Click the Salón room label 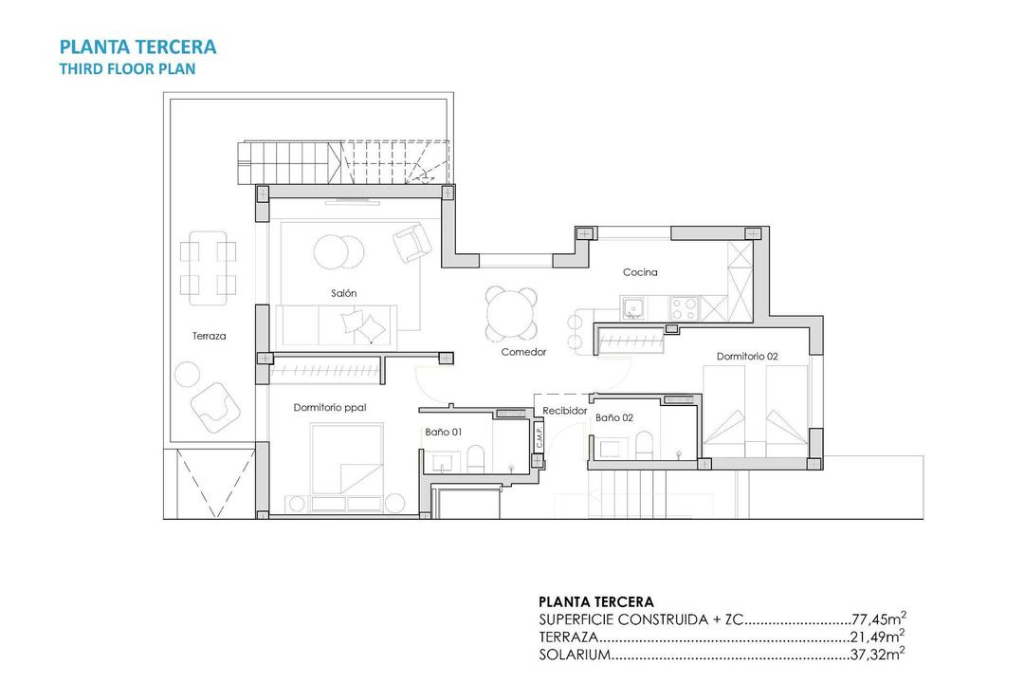(x=344, y=294)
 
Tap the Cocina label (x=640, y=272)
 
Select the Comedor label (x=523, y=352)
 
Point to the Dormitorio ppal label (x=330, y=407)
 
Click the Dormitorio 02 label (x=747, y=357)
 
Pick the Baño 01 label (x=443, y=432)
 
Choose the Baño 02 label (x=613, y=416)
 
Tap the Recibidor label (x=565, y=411)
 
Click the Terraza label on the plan (x=209, y=336)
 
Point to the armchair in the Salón (x=411, y=243)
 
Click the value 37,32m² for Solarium (x=879, y=654)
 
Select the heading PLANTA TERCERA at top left (x=137, y=46)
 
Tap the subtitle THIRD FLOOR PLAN (x=127, y=68)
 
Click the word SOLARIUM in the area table (x=573, y=654)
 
